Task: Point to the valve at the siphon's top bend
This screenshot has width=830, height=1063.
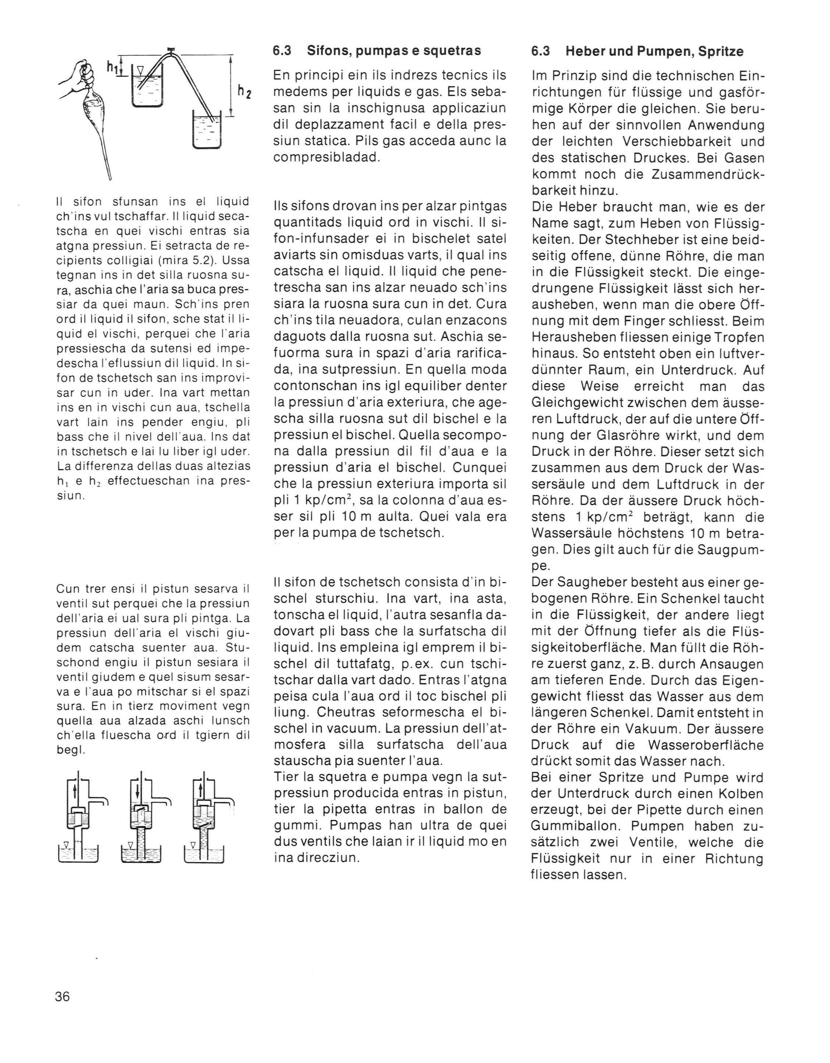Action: click(171, 50)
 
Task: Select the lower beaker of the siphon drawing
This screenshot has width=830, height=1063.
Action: click(207, 129)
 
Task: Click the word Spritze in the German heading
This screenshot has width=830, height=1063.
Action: click(720, 51)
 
